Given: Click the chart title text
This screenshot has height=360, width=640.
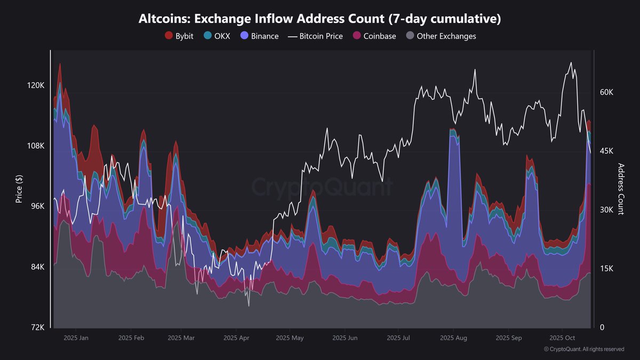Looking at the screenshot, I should click(x=319, y=19).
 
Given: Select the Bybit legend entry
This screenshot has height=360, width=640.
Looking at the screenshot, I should click(x=179, y=36).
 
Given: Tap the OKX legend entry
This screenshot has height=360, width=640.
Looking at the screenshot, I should click(x=217, y=36).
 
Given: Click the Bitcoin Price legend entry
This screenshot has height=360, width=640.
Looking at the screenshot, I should click(x=315, y=36).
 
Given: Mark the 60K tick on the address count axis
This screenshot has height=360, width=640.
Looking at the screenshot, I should click(x=607, y=92).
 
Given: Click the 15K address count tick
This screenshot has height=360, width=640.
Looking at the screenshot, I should click(x=607, y=268).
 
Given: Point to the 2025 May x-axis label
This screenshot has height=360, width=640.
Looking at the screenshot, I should click(x=290, y=338).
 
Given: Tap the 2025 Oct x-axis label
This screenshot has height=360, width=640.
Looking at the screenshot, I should click(x=562, y=338).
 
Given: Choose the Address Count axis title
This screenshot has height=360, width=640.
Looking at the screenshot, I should click(x=621, y=189).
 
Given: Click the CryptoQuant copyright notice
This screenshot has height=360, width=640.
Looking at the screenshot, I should click(x=583, y=349).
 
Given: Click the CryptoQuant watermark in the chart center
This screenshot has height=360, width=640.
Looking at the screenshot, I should click(x=322, y=187).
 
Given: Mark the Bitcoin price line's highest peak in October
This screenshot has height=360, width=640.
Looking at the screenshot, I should click(x=571, y=63).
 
